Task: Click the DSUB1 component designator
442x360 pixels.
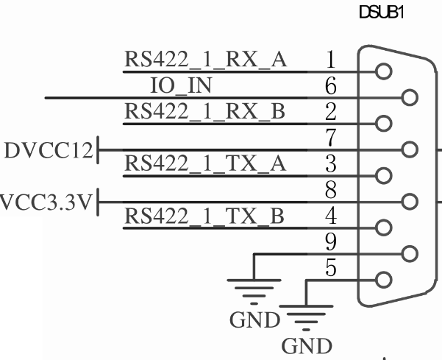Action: (x=382, y=13)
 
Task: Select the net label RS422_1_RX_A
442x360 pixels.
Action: (x=205, y=60)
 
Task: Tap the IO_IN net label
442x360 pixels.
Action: (x=181, y=85)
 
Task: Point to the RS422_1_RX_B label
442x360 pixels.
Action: (x=204, y=111)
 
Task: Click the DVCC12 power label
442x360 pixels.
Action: (x=49, y=150)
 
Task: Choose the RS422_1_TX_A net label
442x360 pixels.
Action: (x=205, y=163)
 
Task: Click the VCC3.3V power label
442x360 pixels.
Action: (x=46, y=202)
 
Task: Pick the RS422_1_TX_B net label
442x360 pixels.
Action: (x=204, y=216)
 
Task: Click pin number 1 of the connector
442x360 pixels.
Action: (x=331, y=60)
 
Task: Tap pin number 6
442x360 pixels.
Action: (x=331, y=85)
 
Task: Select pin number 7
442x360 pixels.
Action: (x=331, y=138)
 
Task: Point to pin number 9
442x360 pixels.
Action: (x=331, y=241)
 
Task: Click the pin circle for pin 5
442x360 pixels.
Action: (x=384, y=280)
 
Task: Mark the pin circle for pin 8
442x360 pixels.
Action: (x=410, y=202)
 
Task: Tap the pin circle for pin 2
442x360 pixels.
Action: (x=384, y=123)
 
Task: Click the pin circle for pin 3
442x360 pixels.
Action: (x=384, y=175)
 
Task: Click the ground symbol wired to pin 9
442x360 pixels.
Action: (x=254, y=292)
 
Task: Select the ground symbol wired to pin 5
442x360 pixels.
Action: (x=306, y=318)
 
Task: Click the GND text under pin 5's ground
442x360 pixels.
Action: (x=307, y=346)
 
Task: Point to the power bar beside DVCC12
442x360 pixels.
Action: (x=98, y=149)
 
